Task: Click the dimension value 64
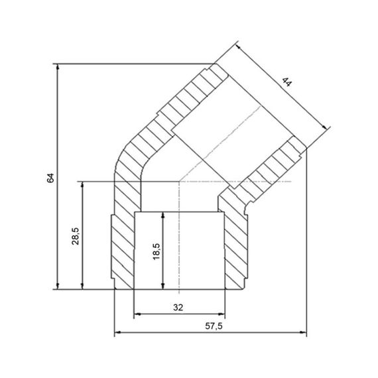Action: coord(50,178)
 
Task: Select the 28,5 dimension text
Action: coord(75,235)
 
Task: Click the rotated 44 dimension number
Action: coord(286,83)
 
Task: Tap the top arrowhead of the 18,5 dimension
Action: coord(162,215)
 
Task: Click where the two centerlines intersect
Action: coord(179,181)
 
